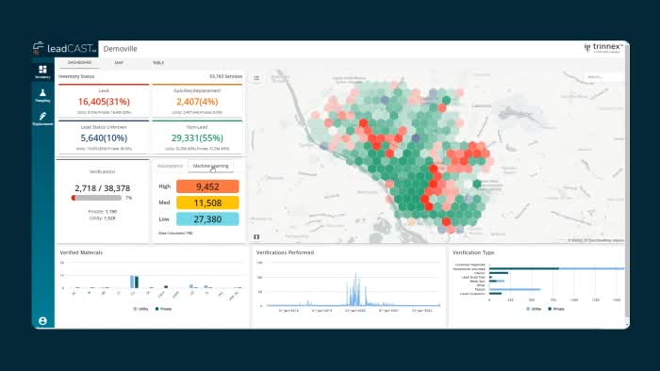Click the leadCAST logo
[x=63, y=49]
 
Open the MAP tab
[x=119, y=63]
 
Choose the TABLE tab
[x=157, y=63]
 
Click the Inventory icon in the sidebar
[x=42, y=72]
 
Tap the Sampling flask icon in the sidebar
[x=42, y=94]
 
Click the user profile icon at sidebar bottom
[x=42, y=320]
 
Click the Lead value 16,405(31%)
[x=104, y=101]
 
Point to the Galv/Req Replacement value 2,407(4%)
[x=196, y=101]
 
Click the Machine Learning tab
[x=210, y=166]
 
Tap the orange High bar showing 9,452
[x=213, y=186]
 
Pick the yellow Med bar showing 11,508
[x=213, y=202]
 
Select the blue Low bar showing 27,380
[x=213, y=218]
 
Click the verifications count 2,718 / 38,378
[x=103, y=188]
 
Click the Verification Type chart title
[x=474, y=253]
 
